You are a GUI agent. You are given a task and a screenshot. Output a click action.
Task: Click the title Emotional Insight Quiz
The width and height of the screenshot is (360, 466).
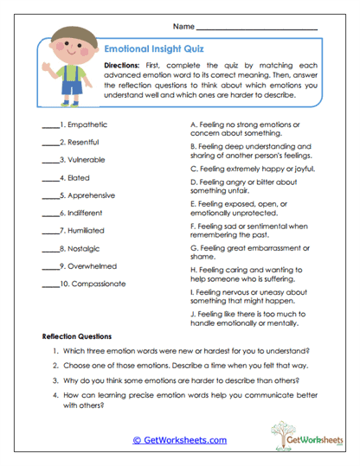click(153, 49)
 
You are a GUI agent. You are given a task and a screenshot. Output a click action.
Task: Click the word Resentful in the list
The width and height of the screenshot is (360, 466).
click(80, 141)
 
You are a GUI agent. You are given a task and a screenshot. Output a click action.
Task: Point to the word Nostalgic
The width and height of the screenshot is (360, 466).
click(80, 249)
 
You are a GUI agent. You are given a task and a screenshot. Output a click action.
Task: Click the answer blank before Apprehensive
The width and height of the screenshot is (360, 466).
click(49, 196)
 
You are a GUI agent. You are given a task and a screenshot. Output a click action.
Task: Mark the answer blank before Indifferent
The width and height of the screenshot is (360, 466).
click(49, 214)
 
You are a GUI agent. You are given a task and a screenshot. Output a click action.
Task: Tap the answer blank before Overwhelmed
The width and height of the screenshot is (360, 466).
click(49, 267)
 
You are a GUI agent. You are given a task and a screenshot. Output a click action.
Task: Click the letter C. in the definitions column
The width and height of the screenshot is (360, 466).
click(192, 169)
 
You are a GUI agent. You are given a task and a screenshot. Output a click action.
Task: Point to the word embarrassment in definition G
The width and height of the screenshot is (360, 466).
click(278, 247)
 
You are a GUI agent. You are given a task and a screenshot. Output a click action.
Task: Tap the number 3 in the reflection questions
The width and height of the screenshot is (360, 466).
click(55, 380)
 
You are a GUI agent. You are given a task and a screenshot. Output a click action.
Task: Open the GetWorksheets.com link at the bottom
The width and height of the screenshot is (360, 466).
click(179, 439)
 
